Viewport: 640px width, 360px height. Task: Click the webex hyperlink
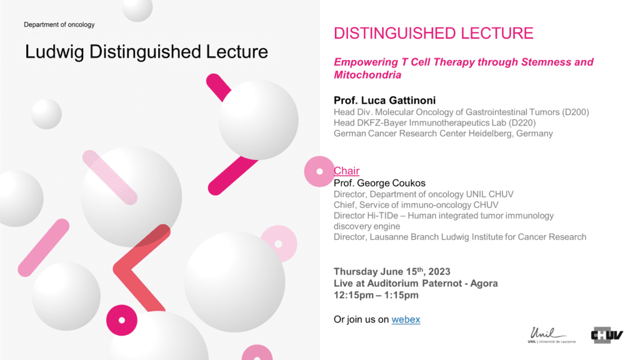click(406, 319)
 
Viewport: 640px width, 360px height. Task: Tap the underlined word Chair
click(346, 171)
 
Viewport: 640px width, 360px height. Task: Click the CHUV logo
click(607, 335)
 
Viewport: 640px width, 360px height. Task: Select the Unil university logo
click(551, 335)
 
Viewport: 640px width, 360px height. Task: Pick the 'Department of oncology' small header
click(59, 24)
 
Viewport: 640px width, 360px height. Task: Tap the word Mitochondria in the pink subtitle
click(367, 75)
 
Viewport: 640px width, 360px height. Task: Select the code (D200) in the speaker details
click(575, 112)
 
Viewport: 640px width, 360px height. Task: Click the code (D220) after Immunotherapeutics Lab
click(522, 123)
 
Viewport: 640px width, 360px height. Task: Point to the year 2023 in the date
click(439, 272)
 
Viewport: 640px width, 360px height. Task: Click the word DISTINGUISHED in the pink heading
click(392, 34)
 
